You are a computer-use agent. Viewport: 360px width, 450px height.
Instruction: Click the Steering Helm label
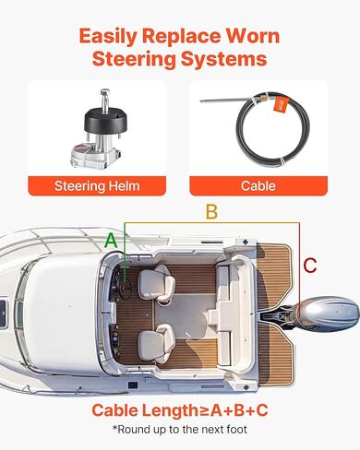pyautogui.click(x=97, y=184)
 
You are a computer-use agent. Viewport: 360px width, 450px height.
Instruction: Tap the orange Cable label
pyautogui.click(x=258, y=184)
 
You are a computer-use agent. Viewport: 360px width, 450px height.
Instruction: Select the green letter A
pyautogui.click(x=111, y=240)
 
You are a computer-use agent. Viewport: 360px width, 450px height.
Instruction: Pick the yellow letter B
pyautogui.click(x=211, y=213)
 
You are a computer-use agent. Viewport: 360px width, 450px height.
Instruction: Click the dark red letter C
pyautogui.click(x=310, y=266)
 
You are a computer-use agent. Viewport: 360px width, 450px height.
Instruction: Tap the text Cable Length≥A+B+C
pyautogui.click(x=180, y=409)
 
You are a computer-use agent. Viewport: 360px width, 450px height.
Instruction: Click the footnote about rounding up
pyautogui.click(x=180, y=430)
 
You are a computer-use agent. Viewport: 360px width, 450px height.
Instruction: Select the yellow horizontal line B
pyautogui.click(x=212, y=224)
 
